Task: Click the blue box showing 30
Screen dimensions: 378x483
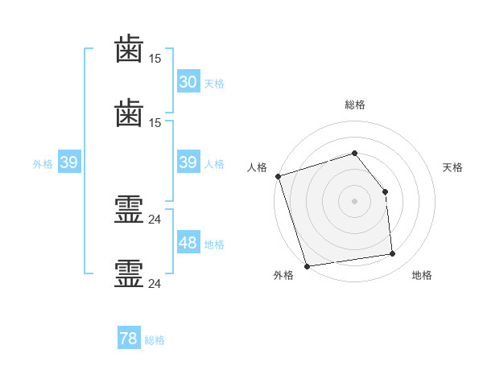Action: coord(188,82)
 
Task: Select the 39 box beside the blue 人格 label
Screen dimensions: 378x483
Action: coord(188,162)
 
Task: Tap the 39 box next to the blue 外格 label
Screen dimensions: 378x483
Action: coord(68,162)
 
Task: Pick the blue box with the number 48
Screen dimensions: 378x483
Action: coord(188,243)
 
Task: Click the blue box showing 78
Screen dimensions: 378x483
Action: coord(129,339)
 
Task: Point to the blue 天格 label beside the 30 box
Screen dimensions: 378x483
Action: coord(214,84)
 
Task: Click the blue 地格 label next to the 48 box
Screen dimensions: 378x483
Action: coord(214,244)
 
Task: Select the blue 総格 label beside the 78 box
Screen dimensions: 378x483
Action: coord(155,340)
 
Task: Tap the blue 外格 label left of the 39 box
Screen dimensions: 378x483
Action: coord(43,164)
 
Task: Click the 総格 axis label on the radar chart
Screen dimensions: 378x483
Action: coord(354,105)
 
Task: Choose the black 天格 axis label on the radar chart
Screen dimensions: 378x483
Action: coord(452,167)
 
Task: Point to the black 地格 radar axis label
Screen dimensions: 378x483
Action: coord(422,276)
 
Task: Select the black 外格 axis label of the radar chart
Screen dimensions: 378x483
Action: coord(283,276)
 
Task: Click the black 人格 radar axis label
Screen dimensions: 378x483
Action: coord(257,167)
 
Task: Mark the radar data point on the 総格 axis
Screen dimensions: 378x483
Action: coord(354,153)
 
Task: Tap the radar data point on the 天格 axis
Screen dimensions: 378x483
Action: coord(385,191)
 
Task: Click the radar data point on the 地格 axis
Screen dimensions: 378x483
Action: coord(392,254)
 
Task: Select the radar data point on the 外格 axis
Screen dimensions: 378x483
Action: coord(307,265)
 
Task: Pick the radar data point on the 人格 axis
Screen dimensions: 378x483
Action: coord(278,176)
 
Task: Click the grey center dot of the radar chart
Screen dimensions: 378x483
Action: coord(354,201)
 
